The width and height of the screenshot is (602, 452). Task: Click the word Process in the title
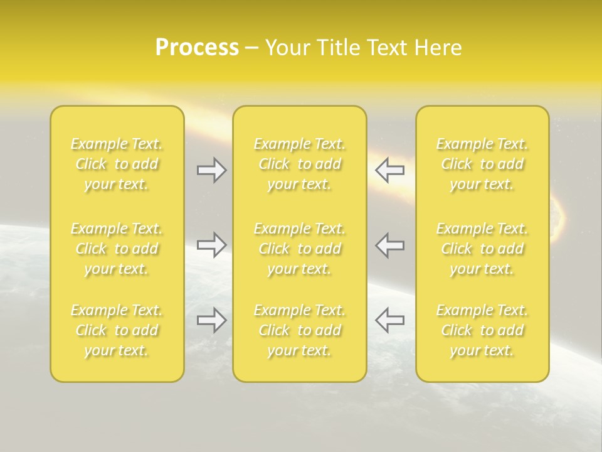pyautogui.click(x=197, y=48)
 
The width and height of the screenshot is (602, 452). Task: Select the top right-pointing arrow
pyautogui.click(x=211, y=170)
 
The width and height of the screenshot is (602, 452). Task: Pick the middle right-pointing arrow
pyautogui.click(x=211, y=245)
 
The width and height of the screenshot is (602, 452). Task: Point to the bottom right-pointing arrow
pyautogui.click(x=211, y=320)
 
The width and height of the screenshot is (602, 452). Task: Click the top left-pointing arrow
pyautogui.click(x=390, y=170)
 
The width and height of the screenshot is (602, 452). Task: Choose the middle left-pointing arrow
pyautogui.click(x=390, y=245)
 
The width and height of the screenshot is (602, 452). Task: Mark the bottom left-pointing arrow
pyautogui.click(x=390, y=320)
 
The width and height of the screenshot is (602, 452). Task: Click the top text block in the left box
pyautogui.click(x=117, y=164)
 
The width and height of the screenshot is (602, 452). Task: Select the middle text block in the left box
pyautogui.click(x=117, y=249)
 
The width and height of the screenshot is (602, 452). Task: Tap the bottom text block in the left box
pyautogui.click(x=117, y=330)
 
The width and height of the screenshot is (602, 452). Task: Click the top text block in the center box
pyautogui.click(x=300, y=164)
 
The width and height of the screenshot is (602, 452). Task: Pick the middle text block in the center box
pyautogui.click(x=300, y=249)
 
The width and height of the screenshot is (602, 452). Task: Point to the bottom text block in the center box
pyautogui.click(x=300, y=330)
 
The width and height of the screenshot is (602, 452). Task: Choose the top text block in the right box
pyautogui.click(x=482, y=164)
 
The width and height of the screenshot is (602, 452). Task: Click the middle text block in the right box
pyautogui.click(x=482, y=249)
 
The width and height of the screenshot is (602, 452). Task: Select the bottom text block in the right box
pyautogui.click(x=482, y=330)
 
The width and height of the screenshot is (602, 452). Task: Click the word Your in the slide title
pyautogui.click(x=288, y=48)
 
